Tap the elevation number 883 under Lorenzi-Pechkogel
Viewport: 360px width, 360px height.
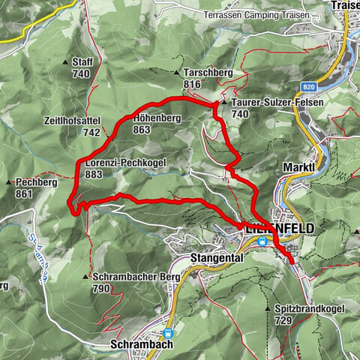(x=94, y=174)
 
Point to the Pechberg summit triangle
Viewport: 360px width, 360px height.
(x=8, y=182)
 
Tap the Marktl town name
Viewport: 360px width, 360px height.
(x=297, y=166)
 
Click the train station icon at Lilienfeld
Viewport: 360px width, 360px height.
(x=262, y=241)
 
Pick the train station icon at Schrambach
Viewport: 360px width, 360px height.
(x=167, y=333)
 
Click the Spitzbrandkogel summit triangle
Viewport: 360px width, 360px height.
(x=268, y=307)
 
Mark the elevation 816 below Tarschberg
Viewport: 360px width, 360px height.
(x=192, y=85)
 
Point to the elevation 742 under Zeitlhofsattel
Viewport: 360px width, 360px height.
(x=91, y=132)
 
